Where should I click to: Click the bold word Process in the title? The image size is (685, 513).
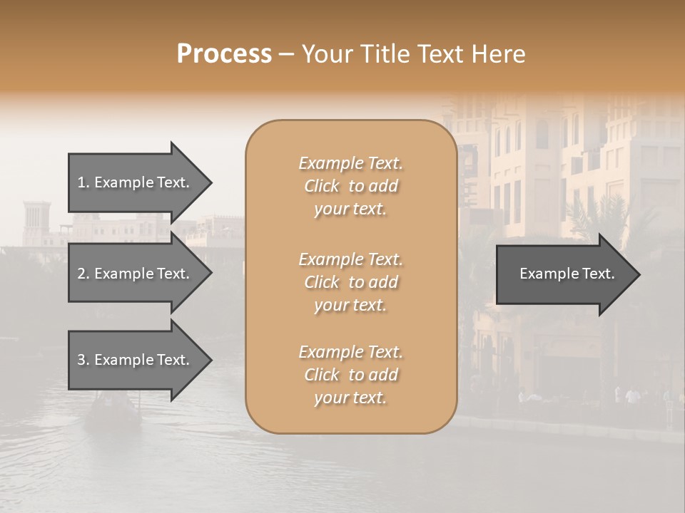coord(224,54)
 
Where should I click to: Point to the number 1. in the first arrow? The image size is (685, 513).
coord(83,182)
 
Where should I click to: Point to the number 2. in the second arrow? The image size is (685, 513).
coord(83,274)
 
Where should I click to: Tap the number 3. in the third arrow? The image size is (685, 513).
coord(83,360)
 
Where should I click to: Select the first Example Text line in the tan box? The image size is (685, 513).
coord(350,163)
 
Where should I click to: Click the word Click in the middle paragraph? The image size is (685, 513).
coord(322,282)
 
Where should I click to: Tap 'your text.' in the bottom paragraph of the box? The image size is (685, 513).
coord(350,398)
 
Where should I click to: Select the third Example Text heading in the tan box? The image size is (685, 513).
coord(350,352)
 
